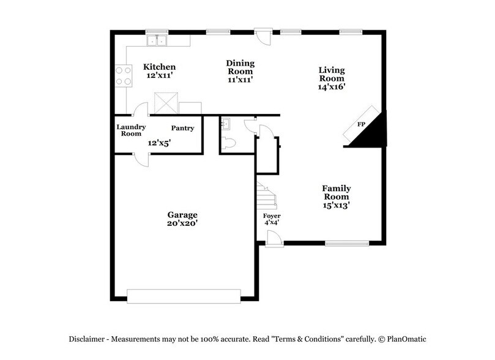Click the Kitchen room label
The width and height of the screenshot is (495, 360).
tap(160, 67)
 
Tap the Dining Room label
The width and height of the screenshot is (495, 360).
tap(240, 67)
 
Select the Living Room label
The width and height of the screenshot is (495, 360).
tap(332, 74)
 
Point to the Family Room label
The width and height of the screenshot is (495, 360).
tap(336, 192)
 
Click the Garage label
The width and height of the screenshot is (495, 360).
tap(182, 215)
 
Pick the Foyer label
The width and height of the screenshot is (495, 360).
tap(272, 217)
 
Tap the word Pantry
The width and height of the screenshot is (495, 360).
tap(182, 129)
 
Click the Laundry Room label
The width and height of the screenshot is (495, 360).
tap(131, 130)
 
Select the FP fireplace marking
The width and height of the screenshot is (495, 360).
tap(362, 124)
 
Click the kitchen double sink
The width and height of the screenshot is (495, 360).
tap(158, 41)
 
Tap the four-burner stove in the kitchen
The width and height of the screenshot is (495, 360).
tap(123, 75)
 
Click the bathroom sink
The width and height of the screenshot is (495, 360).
tap(226, 124)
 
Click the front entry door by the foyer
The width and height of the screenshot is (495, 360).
tap(274, 239)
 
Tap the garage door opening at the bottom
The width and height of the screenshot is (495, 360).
tap(184, 296)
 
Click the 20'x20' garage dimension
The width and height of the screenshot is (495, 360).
tap(182, 224)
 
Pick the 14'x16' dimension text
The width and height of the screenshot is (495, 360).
tap(332, 87)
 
